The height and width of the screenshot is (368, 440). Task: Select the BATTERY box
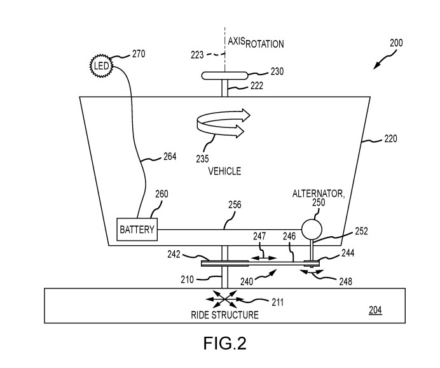[137, 229]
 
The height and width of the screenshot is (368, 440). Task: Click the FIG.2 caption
[219, 343]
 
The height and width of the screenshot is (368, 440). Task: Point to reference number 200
[395, 43]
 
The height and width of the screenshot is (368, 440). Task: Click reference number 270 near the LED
[138, 54]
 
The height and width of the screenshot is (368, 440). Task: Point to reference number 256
[235, 205]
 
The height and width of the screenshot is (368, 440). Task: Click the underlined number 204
[376, 310]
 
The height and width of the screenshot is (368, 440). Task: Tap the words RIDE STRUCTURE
[224, 315]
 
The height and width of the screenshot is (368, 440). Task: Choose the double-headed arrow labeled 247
[262, 258]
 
